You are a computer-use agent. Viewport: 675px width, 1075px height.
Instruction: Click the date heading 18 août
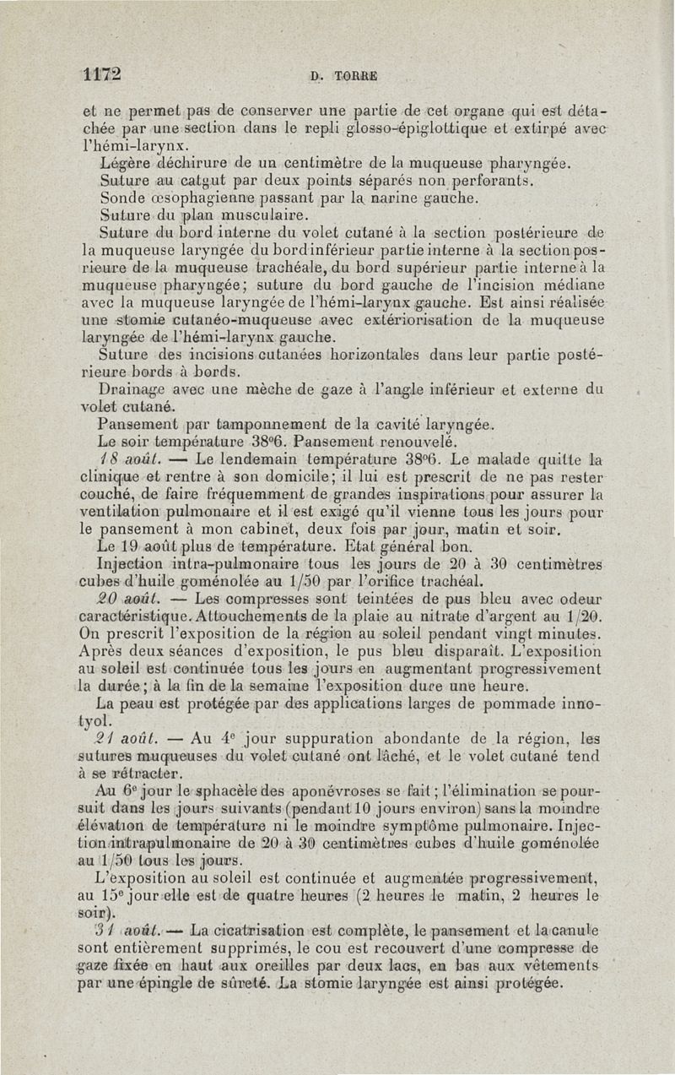point(125,460)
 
